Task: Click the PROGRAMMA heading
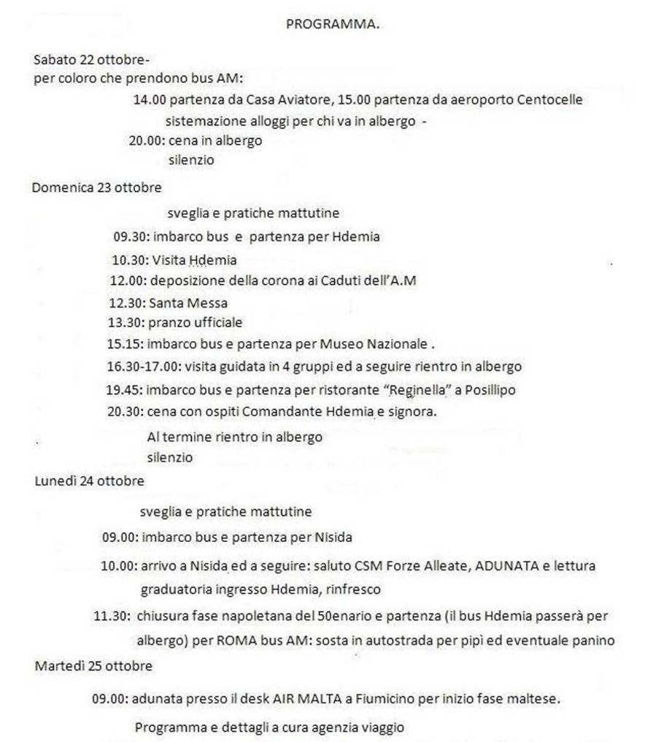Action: click(x=332, y=24)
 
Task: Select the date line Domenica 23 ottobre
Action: click(x=96, y=188)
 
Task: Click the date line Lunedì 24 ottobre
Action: click(x=89, y=481)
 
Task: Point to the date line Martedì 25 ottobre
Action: click(x=93, y=666)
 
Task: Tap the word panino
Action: click(x=593, y=641)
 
